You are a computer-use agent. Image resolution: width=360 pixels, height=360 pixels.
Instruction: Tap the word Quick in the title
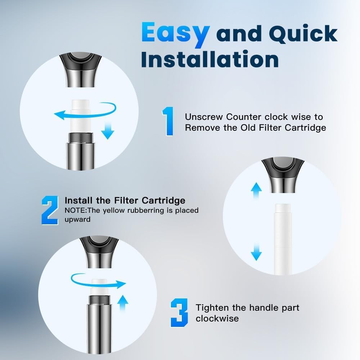click(303, 33)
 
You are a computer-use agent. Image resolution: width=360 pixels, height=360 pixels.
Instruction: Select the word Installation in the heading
click(210, 59)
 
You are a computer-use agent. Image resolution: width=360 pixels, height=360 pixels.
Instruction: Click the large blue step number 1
click(168, 121)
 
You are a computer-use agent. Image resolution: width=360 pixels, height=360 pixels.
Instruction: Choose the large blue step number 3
click(179, 313)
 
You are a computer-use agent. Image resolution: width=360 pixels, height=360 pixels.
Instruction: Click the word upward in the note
click(77, 220)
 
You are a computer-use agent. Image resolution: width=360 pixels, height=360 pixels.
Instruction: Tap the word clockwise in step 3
click(217, 319)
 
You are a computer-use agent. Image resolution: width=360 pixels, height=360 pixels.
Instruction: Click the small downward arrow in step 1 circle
click(108, 130)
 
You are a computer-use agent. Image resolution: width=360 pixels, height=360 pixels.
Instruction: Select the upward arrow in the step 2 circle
click(256, 190)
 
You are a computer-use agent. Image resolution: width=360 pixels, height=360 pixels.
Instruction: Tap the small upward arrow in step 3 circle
click(123, 303)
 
